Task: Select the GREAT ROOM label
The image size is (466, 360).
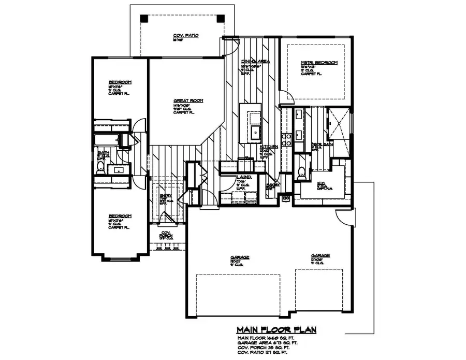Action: coord(188,100)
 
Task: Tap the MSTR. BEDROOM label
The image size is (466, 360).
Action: coord(319,63)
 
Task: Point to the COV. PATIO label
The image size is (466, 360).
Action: coord(186,36)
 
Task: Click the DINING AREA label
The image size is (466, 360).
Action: coord(255,61)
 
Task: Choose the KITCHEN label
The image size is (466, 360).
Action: coord(269,147)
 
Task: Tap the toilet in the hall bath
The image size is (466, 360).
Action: coord(101,166)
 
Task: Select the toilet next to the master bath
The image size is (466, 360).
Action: coord(301,171)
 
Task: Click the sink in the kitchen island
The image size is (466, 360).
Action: coord(256,132)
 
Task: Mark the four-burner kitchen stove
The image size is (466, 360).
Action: coord(285,138)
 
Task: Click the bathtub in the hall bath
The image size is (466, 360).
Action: coord(106,140)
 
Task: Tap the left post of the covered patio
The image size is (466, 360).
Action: coord(144,18)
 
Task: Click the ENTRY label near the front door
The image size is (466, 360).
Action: coord(163,196)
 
